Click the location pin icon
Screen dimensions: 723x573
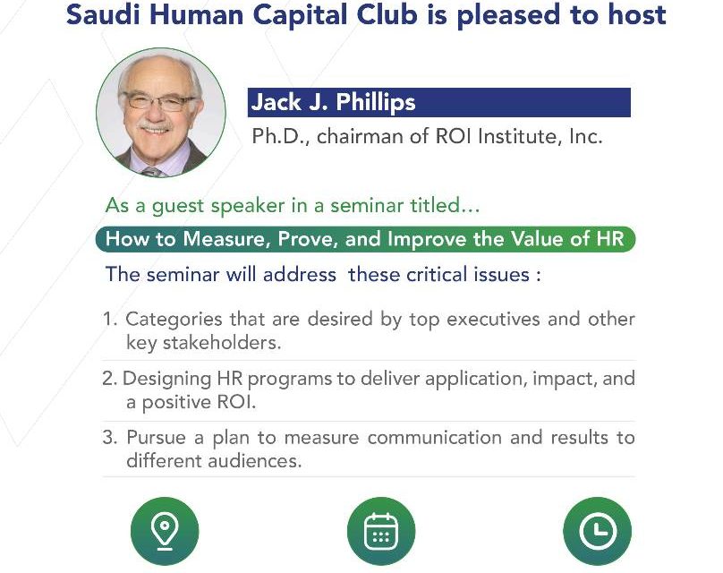tap(165, 533)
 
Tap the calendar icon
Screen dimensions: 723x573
tap(381, 532)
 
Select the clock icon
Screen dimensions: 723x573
tap(597, 532)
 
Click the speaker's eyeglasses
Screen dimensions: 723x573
tap(157, 102)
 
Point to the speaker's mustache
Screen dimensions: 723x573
tap(155, 125)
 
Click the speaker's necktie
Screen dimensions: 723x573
tap(153, 172)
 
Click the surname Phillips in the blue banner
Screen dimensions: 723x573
tap(375, 102)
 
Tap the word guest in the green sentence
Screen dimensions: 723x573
tap(178, 206)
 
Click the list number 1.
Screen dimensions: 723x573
tap(110, 320)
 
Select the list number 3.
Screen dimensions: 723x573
tap(110, 438)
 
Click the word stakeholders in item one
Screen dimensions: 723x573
tap(222, 343)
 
